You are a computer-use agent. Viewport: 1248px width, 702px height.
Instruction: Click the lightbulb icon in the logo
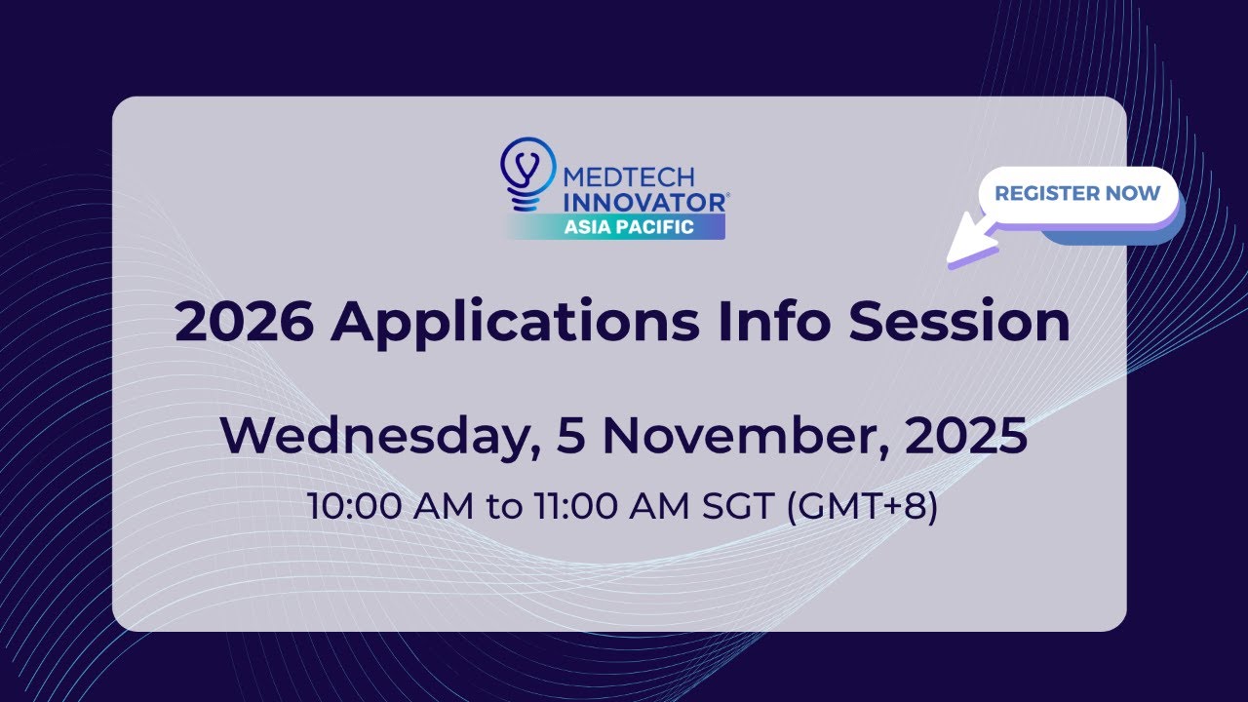click(526, 173)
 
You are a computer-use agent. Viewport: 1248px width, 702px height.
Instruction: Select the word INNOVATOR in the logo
click(644, 202)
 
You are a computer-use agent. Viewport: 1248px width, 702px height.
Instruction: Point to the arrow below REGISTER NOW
click(975, 246)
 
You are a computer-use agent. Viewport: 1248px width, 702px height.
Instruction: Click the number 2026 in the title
click(244, 324)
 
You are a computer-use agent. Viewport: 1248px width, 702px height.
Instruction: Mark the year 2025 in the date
click(966, 436)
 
